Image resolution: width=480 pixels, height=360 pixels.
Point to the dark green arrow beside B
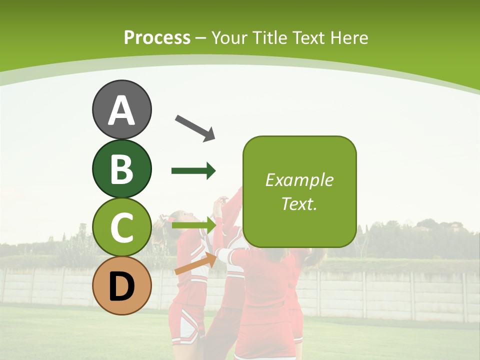[193, 171]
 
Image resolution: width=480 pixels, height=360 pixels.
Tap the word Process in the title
[157, 37]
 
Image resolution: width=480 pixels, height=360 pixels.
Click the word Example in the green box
[299, 180]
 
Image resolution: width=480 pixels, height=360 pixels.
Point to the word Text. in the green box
[299, 203]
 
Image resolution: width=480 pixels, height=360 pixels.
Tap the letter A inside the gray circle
[121, 110]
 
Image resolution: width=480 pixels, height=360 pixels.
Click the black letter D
[121, 287]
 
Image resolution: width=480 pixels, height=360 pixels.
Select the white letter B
[121, 169]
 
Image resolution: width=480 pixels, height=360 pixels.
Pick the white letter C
[121, 228]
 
